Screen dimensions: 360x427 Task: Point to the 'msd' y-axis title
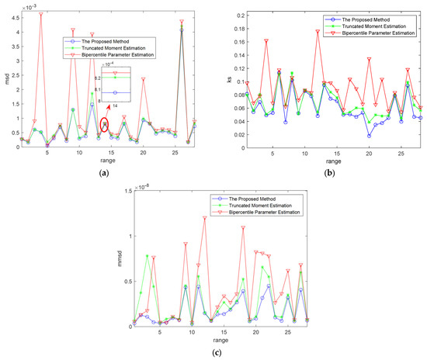tap(5, 80)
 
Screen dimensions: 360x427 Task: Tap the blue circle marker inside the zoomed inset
tap(114, 92)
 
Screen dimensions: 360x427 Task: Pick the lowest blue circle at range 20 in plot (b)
tap(370, 136)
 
